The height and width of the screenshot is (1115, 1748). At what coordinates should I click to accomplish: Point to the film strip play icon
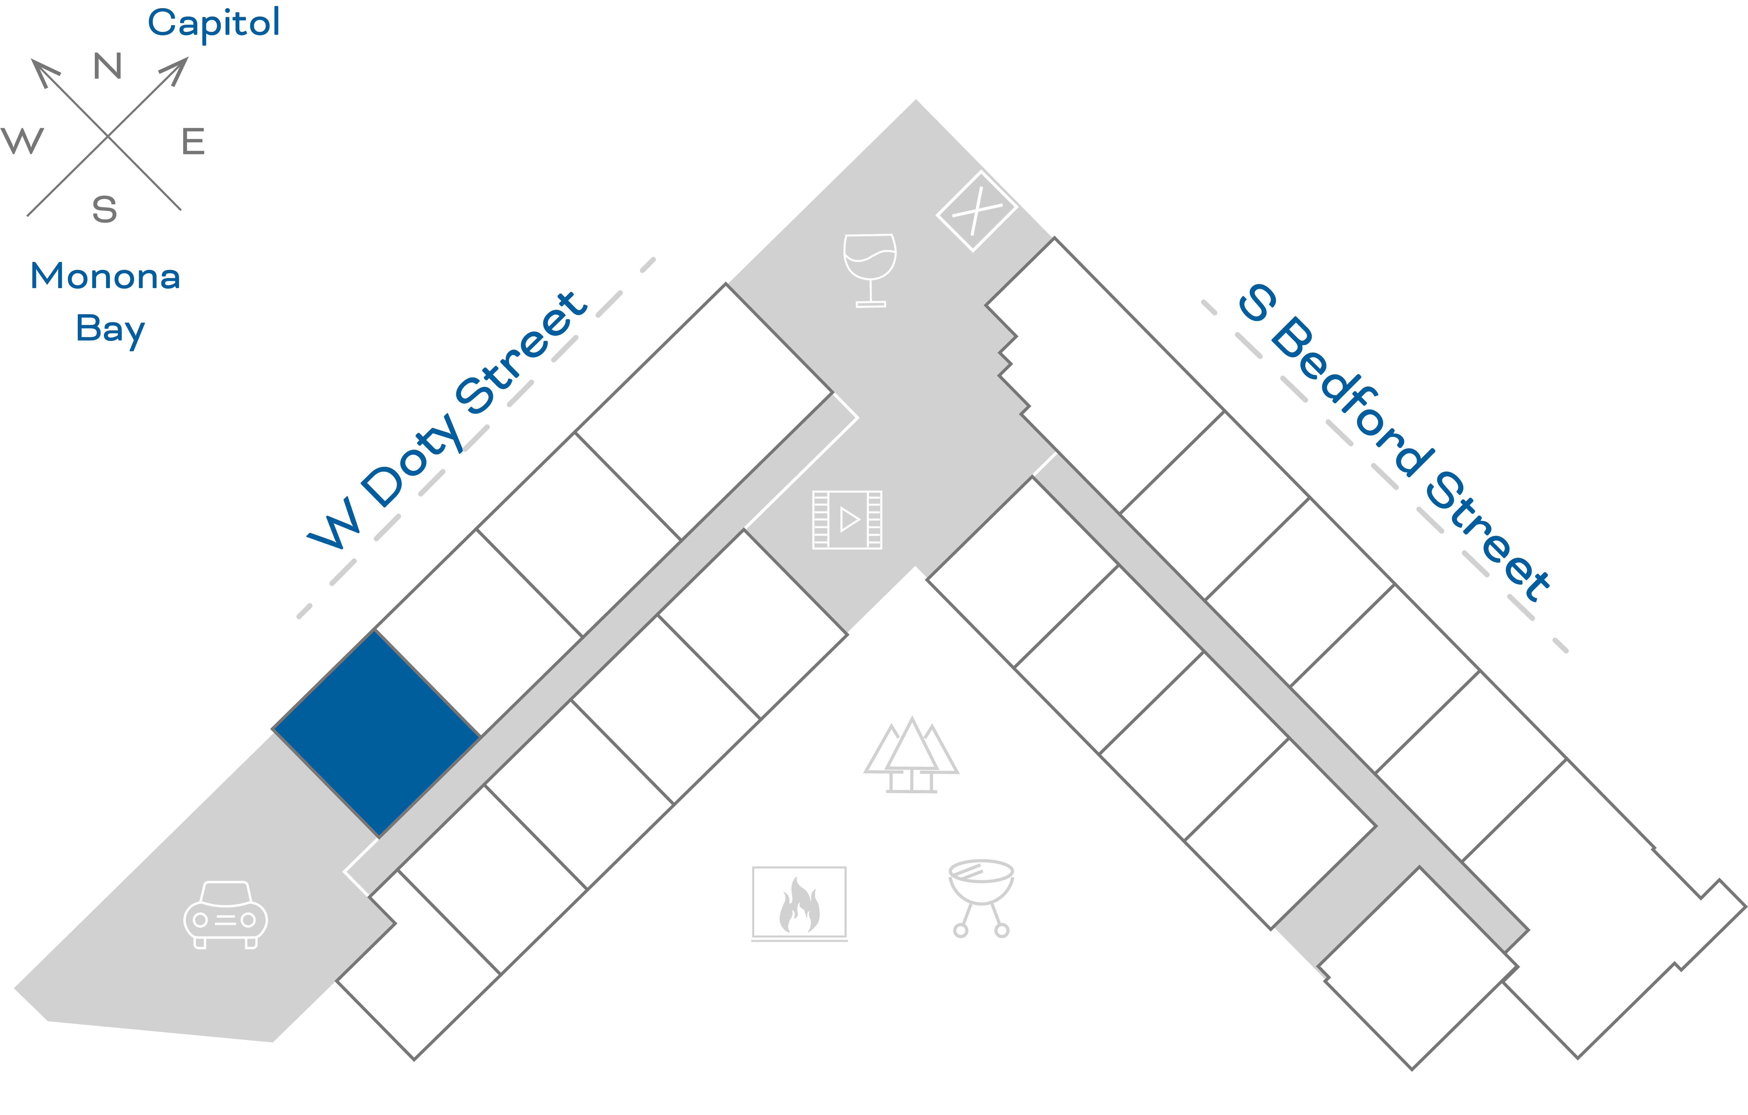(847, 520)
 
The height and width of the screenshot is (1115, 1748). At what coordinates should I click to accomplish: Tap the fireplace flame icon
(799, 903)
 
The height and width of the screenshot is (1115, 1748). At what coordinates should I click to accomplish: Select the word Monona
(105, 277)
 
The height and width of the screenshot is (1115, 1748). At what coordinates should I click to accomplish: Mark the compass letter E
(193, 141)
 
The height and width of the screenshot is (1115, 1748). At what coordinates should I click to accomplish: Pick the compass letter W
(22, 141)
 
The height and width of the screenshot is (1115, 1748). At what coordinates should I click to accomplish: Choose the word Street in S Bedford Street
(1488, 537)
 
